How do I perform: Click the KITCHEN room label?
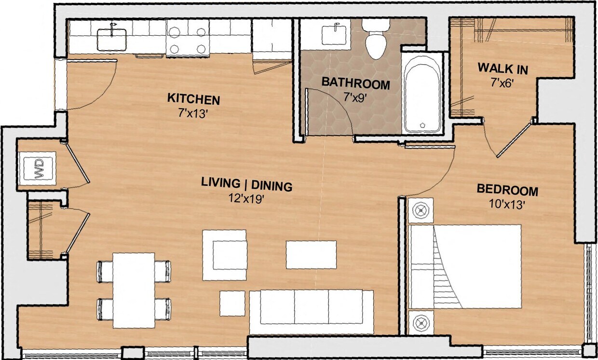[x=193, y=99]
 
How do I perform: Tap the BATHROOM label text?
[x=355, y=83]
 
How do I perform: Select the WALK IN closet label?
[x=503, y=69]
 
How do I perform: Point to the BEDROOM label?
[x=507, y=189]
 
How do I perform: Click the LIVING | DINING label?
[x=246, y=184]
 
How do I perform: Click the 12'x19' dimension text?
[x=246, y=199]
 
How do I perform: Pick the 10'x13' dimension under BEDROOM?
[x=506, y=204]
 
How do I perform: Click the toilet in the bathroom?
[x=376, y=41]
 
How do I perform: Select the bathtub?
[x=422, y=94]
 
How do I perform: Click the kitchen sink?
[x=112, y=39]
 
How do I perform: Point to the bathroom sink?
[x=335, y=35]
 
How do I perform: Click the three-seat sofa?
[x=311, y=311]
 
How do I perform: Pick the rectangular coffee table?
[x=311, y=255]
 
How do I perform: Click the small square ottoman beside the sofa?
[x=232, y=303]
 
